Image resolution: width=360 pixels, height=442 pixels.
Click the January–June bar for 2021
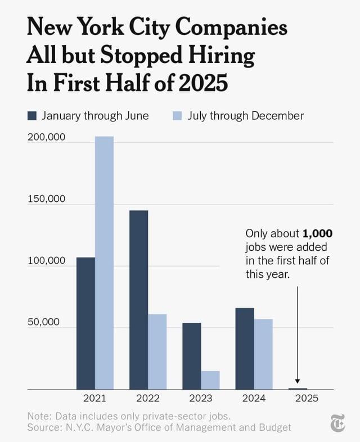point(85,323)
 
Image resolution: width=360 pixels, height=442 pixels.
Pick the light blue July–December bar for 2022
point(157,351)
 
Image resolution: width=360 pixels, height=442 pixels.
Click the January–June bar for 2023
point(192,356)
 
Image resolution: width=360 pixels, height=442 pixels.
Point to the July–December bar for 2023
point(210,380)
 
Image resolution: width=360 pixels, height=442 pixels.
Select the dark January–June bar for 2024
point(245,349)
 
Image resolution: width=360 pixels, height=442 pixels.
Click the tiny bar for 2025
point(298,389)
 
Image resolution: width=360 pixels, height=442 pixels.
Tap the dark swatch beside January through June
point(32,116)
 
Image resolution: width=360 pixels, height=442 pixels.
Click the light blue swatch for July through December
point(177,116)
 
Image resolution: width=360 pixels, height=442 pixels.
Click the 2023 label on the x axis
point(201,398)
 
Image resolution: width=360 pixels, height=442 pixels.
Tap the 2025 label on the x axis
point(307,398)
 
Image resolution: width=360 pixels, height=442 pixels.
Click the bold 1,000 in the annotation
point(318,233)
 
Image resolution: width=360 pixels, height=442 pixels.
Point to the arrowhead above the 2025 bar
point(298,382)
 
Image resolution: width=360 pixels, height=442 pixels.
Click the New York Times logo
point(337,423)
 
